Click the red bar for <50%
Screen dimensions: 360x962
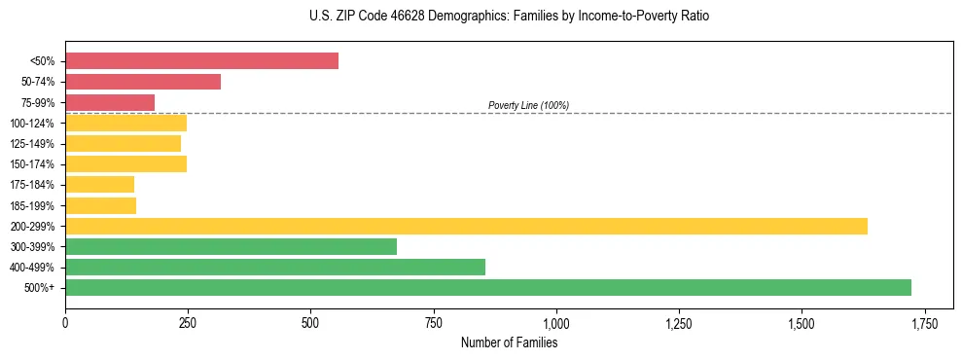click(201, 61)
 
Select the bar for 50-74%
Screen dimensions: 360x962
click(143, 82)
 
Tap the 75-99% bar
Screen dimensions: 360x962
click(110, 102)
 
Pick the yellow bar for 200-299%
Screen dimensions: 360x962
click(466, 226)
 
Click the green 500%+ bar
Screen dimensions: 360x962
click(488, 287)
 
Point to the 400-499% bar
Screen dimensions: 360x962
click(275, 267)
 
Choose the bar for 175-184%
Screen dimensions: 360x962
click(99, 184)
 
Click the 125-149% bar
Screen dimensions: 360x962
click(123, 143)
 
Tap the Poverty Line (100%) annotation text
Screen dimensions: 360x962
click(528, 105)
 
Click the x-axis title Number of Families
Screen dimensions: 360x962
click(509, 342)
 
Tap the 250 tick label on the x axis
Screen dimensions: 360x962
click(188, 323)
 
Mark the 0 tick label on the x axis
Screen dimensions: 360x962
click(65, 323)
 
